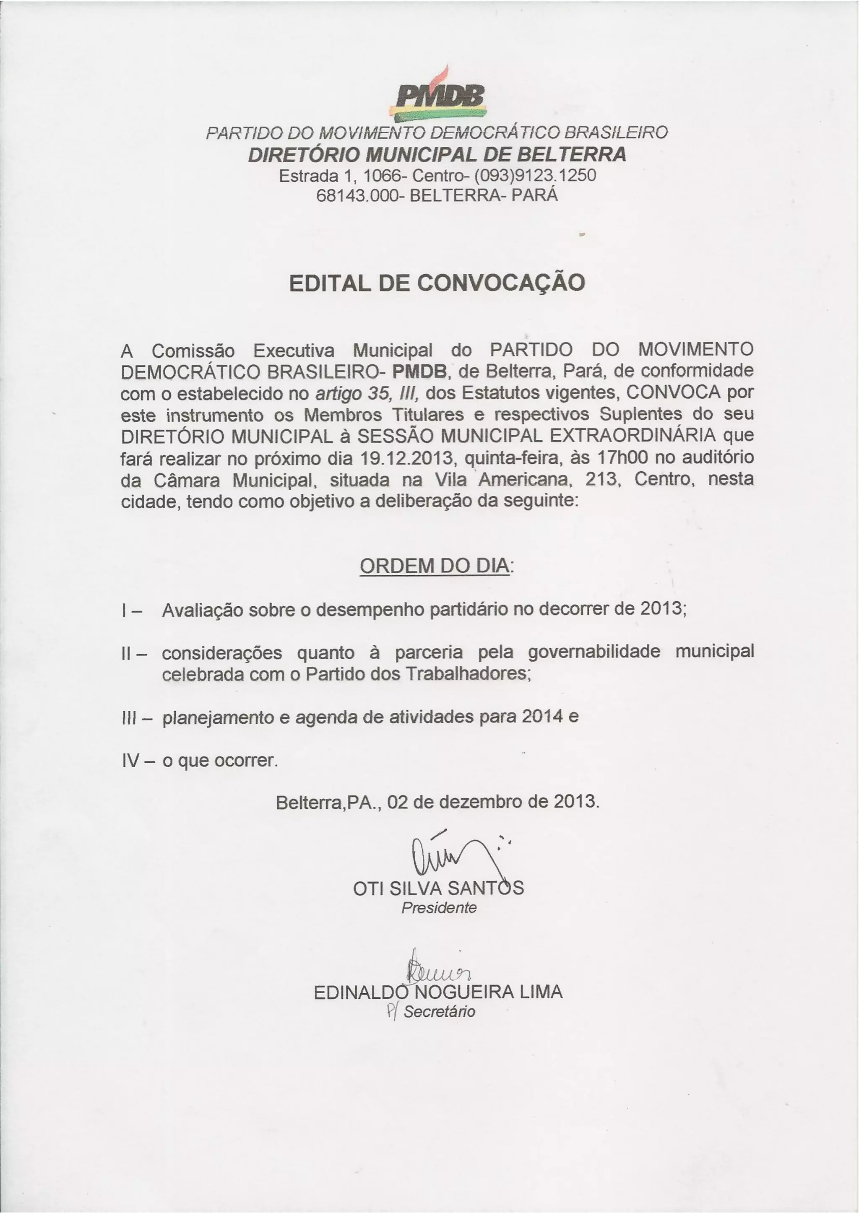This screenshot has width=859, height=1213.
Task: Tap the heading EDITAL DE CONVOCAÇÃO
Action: point(437,283)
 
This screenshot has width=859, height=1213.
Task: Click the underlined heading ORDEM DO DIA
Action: point(435,566)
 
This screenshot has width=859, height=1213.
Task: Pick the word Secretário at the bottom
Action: point(439,1012)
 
